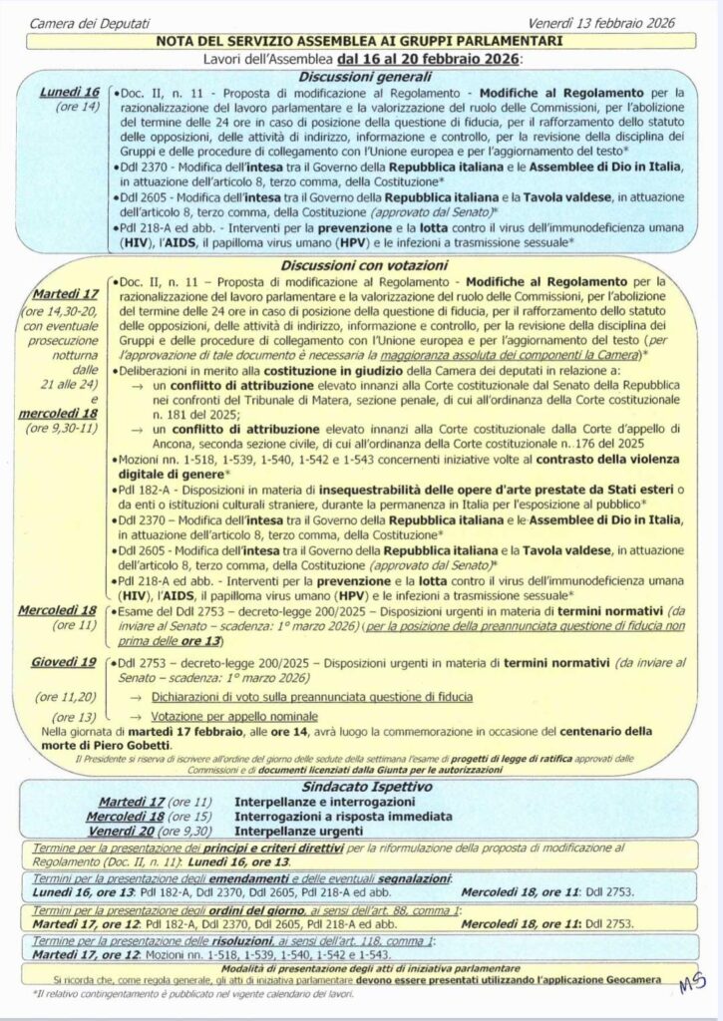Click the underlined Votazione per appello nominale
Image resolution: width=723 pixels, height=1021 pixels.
pos(235,715)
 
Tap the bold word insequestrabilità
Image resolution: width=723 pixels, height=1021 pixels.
pos(400,490)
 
